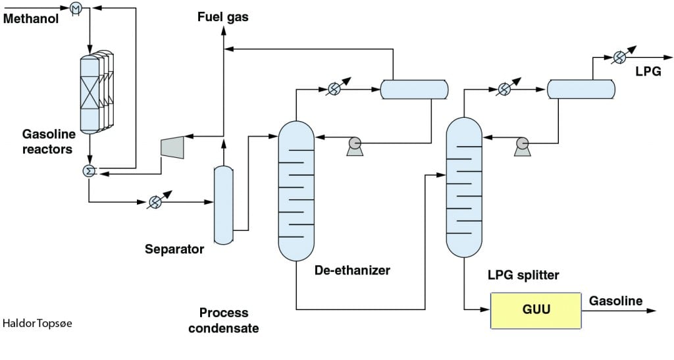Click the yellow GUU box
click(536, 311)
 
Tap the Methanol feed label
click(31, 18)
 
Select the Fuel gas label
click(222, 16)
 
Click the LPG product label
click(648, 71)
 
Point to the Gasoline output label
click(615, 301)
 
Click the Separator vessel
click(224, 205)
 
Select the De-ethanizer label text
click(353, 270)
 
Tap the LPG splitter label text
click(523, 275)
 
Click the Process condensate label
click(224, 321)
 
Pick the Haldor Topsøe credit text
click(38, 323)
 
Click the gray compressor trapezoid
click(172, 147)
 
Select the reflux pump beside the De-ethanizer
click(355, 146)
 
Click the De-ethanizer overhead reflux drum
click(415, 90)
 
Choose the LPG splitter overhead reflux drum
click(581, 90)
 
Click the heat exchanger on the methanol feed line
click(76, 7)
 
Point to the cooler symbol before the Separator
click(155, 201)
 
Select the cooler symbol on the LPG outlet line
click(619, 57)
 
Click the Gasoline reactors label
click(48, 141)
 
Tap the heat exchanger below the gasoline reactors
click(89, 171)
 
